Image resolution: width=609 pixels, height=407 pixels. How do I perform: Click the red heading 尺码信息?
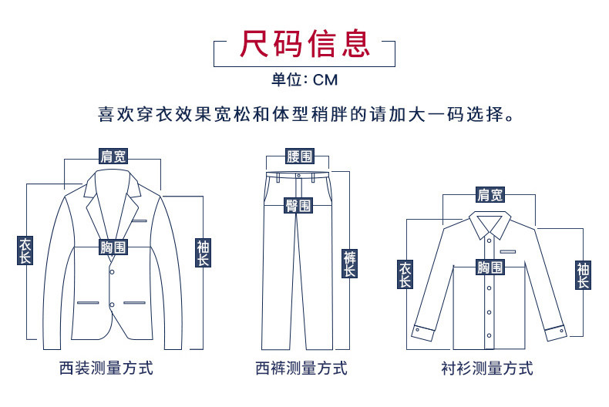tap(304, 45)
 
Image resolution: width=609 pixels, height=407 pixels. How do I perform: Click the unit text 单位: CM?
tap(304, 79)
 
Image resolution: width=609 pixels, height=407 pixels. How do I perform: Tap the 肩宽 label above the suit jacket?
tap(113, 156)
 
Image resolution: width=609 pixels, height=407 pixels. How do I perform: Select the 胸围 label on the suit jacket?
tap(113, 247)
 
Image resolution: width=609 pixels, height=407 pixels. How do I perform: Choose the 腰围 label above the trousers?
tap(299, 156)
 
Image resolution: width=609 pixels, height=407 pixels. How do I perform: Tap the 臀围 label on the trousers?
tap(298, 205)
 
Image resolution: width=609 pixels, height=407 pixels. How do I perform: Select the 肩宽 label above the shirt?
tap(490, 195)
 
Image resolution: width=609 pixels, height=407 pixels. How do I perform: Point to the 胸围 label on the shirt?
tap(490, 267)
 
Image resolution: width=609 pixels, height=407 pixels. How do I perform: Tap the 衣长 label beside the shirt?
tap(405, 274)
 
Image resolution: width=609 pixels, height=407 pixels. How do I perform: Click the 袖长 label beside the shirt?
tap(583, 274)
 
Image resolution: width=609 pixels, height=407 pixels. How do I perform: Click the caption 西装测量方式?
tap(106, 368)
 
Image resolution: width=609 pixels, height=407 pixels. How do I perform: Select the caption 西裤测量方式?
tap(301, 368)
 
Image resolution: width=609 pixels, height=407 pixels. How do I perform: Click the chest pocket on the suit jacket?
tap(139, 221)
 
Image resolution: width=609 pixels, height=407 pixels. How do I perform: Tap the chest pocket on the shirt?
tap(507, 251)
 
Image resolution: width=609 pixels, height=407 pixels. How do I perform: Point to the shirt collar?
tap(490, 225)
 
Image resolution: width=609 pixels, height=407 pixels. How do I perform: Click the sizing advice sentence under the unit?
tap(304, 116)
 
